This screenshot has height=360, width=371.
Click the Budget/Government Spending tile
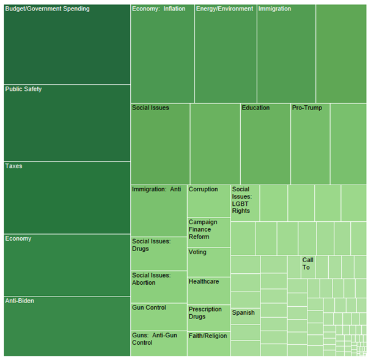(67, 44)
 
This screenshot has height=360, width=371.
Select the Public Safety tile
(67, 122)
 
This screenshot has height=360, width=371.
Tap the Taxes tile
(67, 197)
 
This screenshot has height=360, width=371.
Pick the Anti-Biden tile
(67, 326)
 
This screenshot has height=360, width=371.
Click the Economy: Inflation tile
(163, 54)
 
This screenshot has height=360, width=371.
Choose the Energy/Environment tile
(226, 54)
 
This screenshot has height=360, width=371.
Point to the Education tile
(265, 144)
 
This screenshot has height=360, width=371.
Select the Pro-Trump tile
(310, 144)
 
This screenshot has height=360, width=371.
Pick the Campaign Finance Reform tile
(209, 232)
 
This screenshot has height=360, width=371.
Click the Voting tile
(209, 262)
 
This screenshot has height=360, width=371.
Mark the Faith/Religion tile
(209, 343)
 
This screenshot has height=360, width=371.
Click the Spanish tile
(245, 316)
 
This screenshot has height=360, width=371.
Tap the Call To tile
(307, 266)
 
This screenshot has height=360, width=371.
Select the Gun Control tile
(159, 317)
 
